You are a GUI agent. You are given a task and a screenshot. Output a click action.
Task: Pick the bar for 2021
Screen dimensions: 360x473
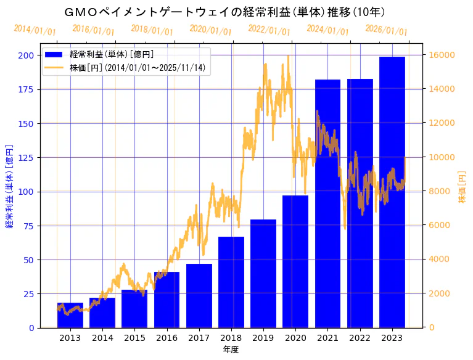pos(327,203)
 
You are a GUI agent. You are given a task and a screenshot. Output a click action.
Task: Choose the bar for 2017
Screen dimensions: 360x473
pos(199,295)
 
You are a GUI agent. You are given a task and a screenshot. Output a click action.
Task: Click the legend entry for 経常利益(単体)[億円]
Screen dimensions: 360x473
pos(112,54)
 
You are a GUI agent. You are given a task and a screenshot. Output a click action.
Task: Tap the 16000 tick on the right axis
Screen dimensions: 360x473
pos(442,55)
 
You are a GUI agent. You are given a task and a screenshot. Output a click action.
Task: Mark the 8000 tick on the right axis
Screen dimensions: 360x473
pos(440,192)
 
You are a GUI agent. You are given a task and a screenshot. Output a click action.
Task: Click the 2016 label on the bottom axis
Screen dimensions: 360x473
pos(167,338)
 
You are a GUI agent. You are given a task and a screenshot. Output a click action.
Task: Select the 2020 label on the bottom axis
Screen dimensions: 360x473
pos(295,338)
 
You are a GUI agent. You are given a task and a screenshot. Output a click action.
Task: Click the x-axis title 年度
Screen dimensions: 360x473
pos(231,350)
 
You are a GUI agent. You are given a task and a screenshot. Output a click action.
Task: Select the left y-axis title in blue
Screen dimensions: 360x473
pos(9,187)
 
